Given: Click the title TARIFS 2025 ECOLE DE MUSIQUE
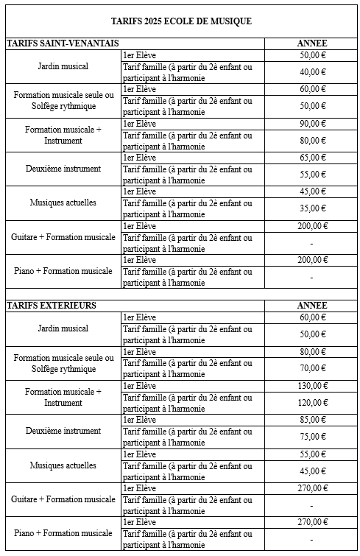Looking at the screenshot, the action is click(x=180, y=21).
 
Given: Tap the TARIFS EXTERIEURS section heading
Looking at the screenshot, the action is click(x=52, y=305).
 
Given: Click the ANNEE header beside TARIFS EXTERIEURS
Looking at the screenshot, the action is click(x=311, y=305).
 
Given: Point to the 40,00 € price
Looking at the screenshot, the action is click(x=312, y=71).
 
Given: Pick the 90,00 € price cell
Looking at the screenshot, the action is click(x=312, y=123).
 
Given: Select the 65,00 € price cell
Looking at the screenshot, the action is click(x=312, y=157).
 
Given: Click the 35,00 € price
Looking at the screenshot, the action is click(x=312, y=208).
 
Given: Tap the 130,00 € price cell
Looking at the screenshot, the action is click(x=312, y=385).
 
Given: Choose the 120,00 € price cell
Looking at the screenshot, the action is click(x=312, y=403).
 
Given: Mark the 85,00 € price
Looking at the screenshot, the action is click(x=312, y=420).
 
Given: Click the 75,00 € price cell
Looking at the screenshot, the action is click(x=312, y=437).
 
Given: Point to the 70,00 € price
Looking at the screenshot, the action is click(x=312, y=368).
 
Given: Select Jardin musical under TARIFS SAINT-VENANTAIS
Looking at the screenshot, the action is click(x=63, y=66).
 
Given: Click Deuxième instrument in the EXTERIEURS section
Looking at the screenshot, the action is click(x=63, y=431).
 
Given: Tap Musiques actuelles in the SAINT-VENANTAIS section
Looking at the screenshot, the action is click(x=63, y=203).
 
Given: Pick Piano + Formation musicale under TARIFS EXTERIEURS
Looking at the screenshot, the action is click(x=63, y=533).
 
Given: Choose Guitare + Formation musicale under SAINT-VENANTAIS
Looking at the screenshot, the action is click(x=63, y=237).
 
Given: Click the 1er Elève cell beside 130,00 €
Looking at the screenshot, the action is click(x=140, y=386).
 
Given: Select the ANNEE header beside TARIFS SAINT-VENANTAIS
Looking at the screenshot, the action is click(x=311, y=43).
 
